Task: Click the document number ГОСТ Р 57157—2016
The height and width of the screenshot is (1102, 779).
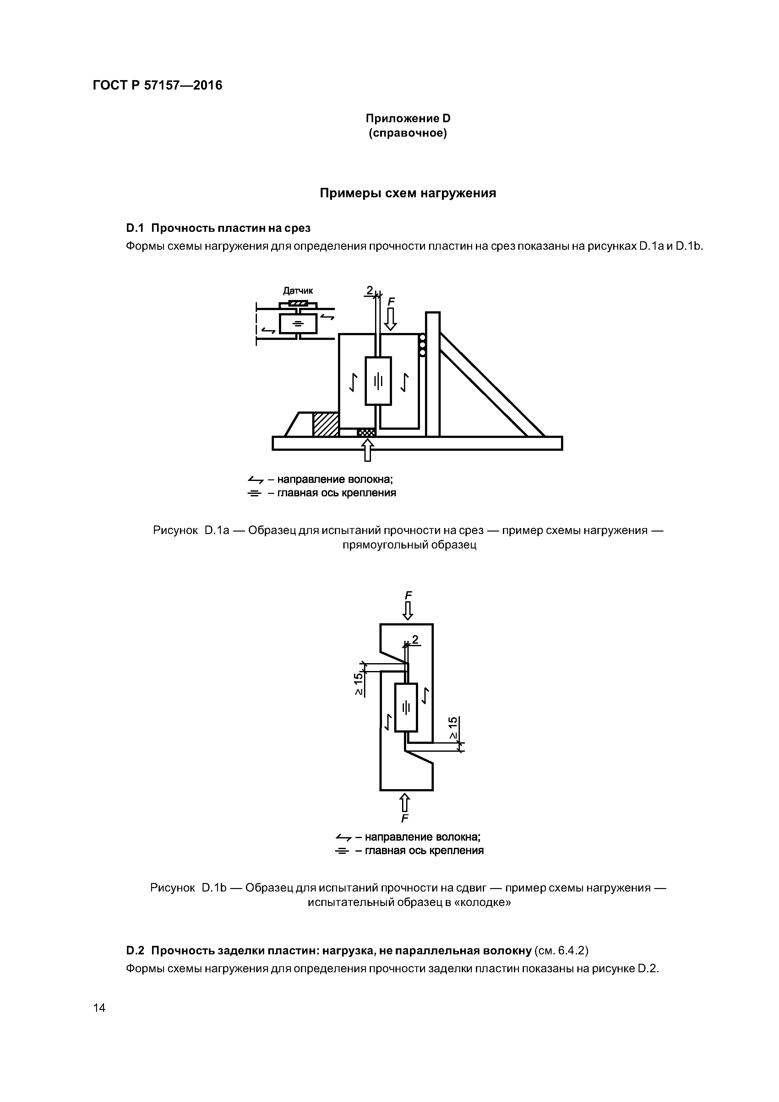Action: (157, 85)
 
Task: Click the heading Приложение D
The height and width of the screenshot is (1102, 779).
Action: (407, 118)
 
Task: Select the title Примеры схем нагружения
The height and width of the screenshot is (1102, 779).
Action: (407, 194)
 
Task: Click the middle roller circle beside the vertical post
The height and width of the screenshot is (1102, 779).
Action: (422, 345)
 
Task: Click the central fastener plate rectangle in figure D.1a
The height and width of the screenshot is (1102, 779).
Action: (378, 381)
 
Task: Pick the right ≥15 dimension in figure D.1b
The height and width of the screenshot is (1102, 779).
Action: (453, 728)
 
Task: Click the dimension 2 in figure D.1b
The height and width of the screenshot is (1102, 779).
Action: (415, 640)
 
